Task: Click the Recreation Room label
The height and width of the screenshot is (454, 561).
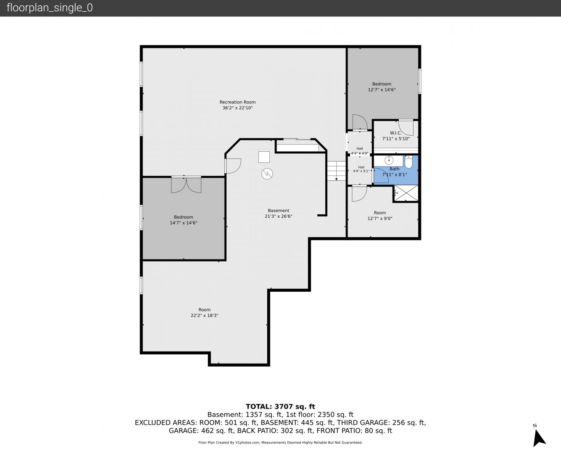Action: tap(237, 102)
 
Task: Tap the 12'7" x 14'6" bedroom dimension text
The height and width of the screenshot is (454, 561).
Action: tap(382, 90)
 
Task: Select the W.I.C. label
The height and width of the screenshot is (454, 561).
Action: tap(395, 133)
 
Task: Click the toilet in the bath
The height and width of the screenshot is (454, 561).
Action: tap(408, 162)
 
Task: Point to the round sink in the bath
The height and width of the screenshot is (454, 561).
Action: tap(389, 160)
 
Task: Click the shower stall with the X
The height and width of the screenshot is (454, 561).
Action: tap(406, 193)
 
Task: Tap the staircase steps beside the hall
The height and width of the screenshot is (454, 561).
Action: tap(336, 171)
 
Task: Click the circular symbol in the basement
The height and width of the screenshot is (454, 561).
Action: tap(267, 174)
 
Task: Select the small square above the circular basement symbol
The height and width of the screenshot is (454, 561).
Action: tap(264, 157)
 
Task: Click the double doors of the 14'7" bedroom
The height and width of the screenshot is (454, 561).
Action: tap(186, 185)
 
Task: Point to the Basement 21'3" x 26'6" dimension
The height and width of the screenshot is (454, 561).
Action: tap(278, 216)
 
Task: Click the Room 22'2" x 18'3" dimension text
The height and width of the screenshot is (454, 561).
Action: tap(204, 315)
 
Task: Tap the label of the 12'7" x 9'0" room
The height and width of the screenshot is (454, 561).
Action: tap(380, 213)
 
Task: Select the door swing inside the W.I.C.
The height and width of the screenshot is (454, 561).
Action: tap(406, 127)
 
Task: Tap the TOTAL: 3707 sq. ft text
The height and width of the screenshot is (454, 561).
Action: tap(280, 406)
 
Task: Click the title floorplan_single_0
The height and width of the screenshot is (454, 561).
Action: tap(50, 8)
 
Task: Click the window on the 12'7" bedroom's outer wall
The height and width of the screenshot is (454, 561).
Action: tap(419, 81)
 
